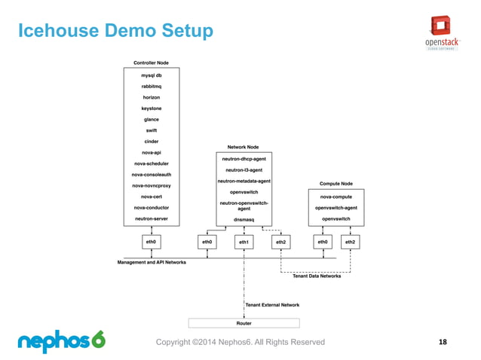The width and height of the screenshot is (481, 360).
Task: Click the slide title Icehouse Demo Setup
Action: pyautogui.click(x=115, y=32)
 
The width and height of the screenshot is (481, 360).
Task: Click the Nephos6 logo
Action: pyautogui.click(x=61, y=341)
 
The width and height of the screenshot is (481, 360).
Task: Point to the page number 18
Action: pyautogui.click(x=442, y=342)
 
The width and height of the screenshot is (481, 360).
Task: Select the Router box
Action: pyautogui.click(x=244, y=323)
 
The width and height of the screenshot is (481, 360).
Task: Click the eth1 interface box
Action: pyautogui.click(x=244, y=242)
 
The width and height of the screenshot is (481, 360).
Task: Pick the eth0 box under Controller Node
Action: pyautogui.click(x=151, y=242)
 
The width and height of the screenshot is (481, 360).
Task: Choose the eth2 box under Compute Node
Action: pyautogui.click(x=351, y=242)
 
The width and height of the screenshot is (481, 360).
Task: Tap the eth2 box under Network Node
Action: pyautogui.click(x=280, y=242)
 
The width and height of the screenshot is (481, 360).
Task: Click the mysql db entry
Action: pyautogui.click(x=151, y=75)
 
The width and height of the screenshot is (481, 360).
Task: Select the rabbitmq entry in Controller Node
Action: pyautogui.click(x=151, y=87)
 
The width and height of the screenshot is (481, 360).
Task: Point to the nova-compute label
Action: pyautogui.click(x=335, y=197)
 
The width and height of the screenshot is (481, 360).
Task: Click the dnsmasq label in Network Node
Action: pyautogui.click(x=244, y=218)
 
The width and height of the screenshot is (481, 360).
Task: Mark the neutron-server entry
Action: pyautogui.click(x=151, y=218)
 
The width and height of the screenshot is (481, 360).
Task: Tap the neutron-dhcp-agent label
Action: pyautogui.click(x=244, y=159)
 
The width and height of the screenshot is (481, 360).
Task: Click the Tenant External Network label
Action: pyautogui.click(x=272, y=305)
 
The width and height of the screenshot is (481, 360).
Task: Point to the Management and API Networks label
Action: pyautogui.click(x=152, y=262)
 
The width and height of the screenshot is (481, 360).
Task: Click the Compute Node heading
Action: pyautogui.click(x=335, y=183)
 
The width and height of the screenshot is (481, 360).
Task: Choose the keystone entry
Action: pyautogui.click(x=151, y=108)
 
